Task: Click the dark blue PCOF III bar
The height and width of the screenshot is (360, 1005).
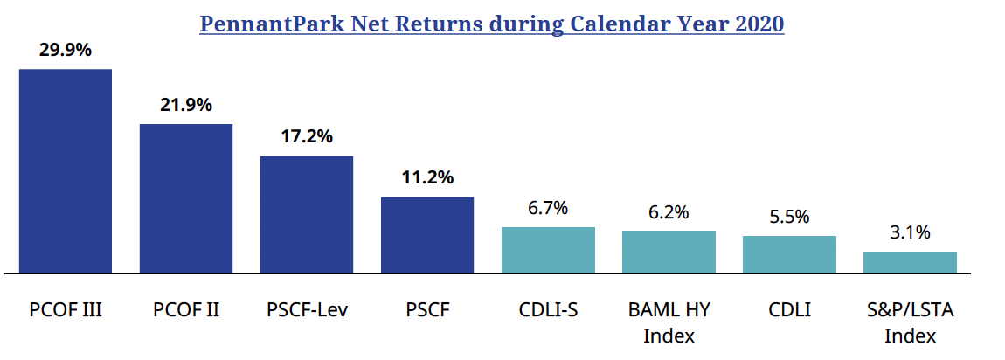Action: pos(66,170)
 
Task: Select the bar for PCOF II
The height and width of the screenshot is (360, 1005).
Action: pos(186,198)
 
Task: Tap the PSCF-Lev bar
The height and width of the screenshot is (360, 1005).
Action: pos(307,214)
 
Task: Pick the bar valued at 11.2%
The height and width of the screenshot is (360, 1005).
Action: pos(427,234)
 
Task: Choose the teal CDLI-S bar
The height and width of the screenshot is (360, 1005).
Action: pos(548,250)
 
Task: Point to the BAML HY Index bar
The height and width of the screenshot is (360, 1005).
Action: pos(669,252)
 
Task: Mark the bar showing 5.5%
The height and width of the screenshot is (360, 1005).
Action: pos(789,254)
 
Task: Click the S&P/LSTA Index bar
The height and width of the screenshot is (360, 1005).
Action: pos(910,262)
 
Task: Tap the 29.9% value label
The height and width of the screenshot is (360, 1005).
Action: pos(66,50)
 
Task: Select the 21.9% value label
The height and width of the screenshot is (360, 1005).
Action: pos(186,105)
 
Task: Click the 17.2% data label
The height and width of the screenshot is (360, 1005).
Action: pos(307,137)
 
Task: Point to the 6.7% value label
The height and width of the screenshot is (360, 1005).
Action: pos(548,208)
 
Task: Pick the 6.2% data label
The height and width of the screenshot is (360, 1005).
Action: pos(669,211)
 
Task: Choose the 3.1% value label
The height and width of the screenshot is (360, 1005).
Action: pos(910,232)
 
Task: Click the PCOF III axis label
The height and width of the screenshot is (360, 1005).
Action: pos(66,310)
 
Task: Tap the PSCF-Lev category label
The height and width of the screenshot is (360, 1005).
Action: pos(307,310)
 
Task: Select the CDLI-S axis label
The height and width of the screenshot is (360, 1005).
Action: pos(548,310)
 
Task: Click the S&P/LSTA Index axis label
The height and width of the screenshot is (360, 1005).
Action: pos(910,322)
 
